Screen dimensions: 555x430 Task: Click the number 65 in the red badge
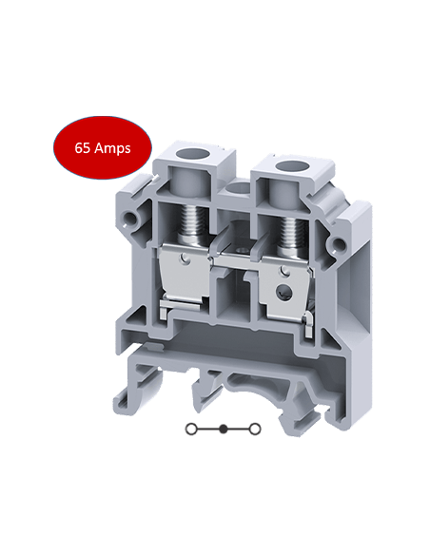[x=83, y=148]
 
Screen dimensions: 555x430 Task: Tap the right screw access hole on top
[x=283, y=160]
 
